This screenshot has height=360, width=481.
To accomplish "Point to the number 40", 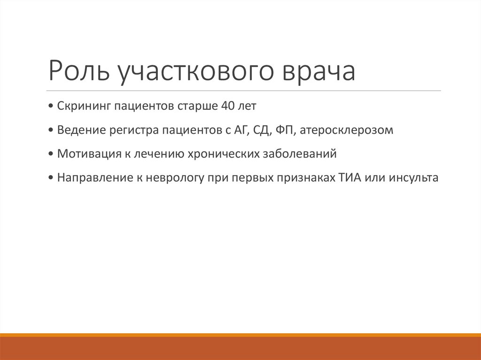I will click(x=224, y=106).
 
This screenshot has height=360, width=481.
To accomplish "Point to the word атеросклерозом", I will click(x=346, y=130).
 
